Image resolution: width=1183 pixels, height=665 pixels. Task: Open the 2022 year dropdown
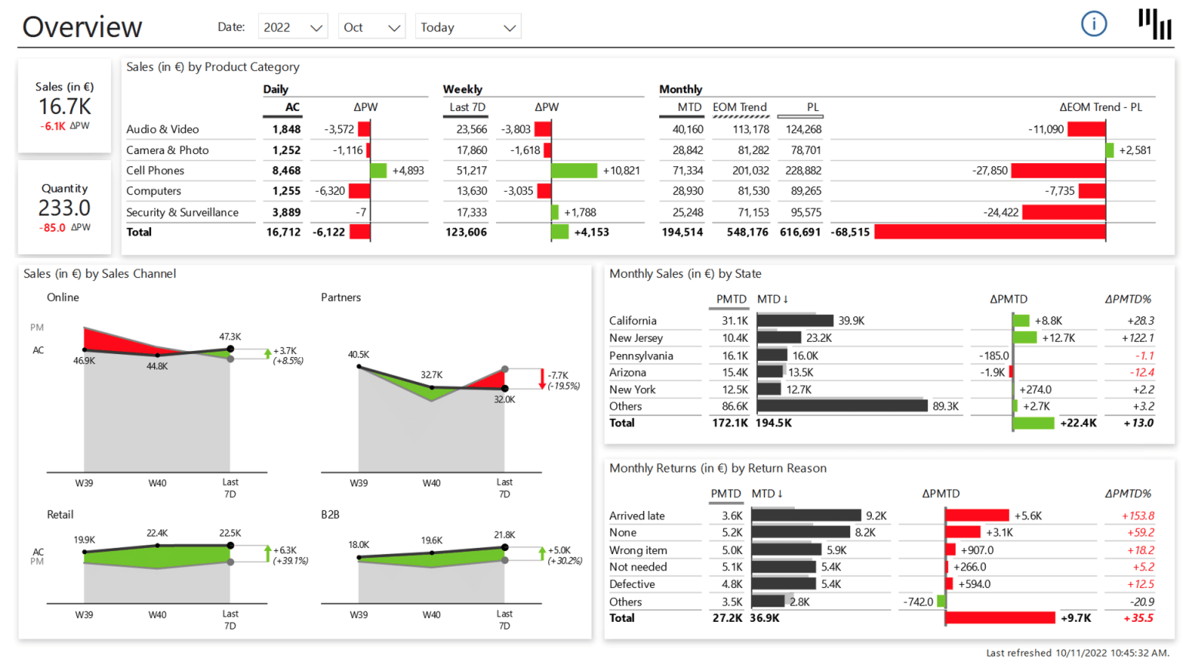coord(293,27)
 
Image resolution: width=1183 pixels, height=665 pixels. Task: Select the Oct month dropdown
coord(371,27)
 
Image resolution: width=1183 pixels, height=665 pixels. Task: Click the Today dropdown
coord(468,27)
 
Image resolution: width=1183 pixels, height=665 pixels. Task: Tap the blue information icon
coord(1094,24)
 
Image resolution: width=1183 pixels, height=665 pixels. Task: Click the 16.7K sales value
coord(65,106)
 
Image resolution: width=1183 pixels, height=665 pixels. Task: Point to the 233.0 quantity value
coord(65,208)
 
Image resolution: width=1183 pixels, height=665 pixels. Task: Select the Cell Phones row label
coord(156,171)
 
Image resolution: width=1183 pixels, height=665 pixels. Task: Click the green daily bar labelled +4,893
coord(378,171)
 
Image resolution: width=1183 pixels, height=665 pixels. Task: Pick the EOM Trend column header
coord(739,107)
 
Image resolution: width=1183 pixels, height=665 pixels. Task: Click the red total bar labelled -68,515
coord(990,232)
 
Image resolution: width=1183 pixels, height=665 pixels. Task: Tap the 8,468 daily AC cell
coord(286,171)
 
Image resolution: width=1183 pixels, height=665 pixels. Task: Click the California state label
coord(632,321)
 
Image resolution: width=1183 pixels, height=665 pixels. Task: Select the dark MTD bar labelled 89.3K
coord(842,406)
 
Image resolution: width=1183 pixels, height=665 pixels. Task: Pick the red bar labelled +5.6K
coord(977,516)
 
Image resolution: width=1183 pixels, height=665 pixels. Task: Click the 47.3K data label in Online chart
coord(230,337)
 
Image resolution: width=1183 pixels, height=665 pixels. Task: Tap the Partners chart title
coord(340,298)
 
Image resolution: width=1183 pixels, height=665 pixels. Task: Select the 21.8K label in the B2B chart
coord(504,535)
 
